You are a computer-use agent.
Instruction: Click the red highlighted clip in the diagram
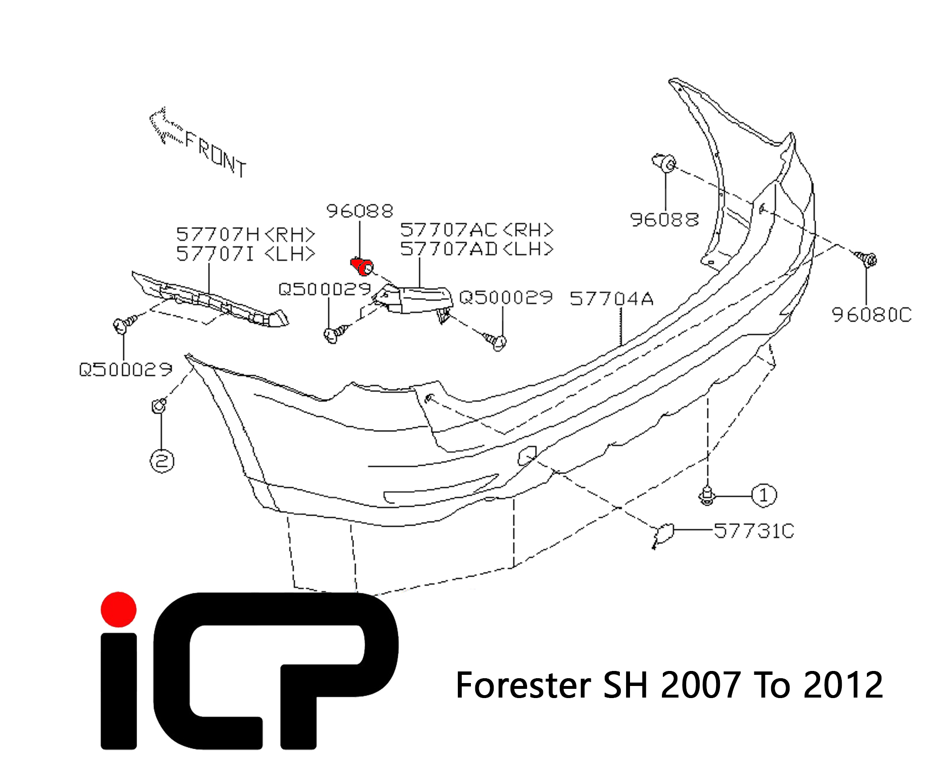pyautogui.click(x=362, y=266)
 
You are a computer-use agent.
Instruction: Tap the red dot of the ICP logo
pyautogui.click(x=118, y=610)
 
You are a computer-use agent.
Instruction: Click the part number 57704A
pyautogui.click(x=612, y=298)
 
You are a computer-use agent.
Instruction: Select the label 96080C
pyautogui.click(x=871, y=314)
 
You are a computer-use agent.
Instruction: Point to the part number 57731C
pyautogui.click(x=754, y=531)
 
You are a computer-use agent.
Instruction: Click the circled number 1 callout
pyautogui.click(x=764, y=495)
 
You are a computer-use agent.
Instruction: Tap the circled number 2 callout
pyautogui.click(x=162, y=461)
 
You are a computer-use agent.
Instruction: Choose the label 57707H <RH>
pyautogui.click(x=246, y=235)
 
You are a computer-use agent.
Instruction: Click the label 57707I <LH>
pyautogui.click(x=246, y=253)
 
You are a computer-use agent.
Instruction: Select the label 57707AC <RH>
pyautogui.click(x=477, y=230)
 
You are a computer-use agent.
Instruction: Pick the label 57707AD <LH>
pyautogui.click(x=477, y=249)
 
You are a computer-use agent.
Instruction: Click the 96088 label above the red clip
pyautogui.click(x=360, y=211)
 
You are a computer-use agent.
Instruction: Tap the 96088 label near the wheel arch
pyautogui.click(x=665, y=220)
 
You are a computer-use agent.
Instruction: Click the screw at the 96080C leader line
pyautogui.click(x=866, y=260)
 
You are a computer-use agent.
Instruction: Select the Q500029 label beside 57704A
pyautogui.click(x=506, y=297)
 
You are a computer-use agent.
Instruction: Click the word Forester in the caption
pyautogui.click(x=523, y=685)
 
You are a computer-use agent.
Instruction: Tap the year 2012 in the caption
pyautogui.click(x=844, y=685)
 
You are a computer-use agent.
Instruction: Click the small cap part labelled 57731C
pyautogui.click(x=663, y=535)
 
